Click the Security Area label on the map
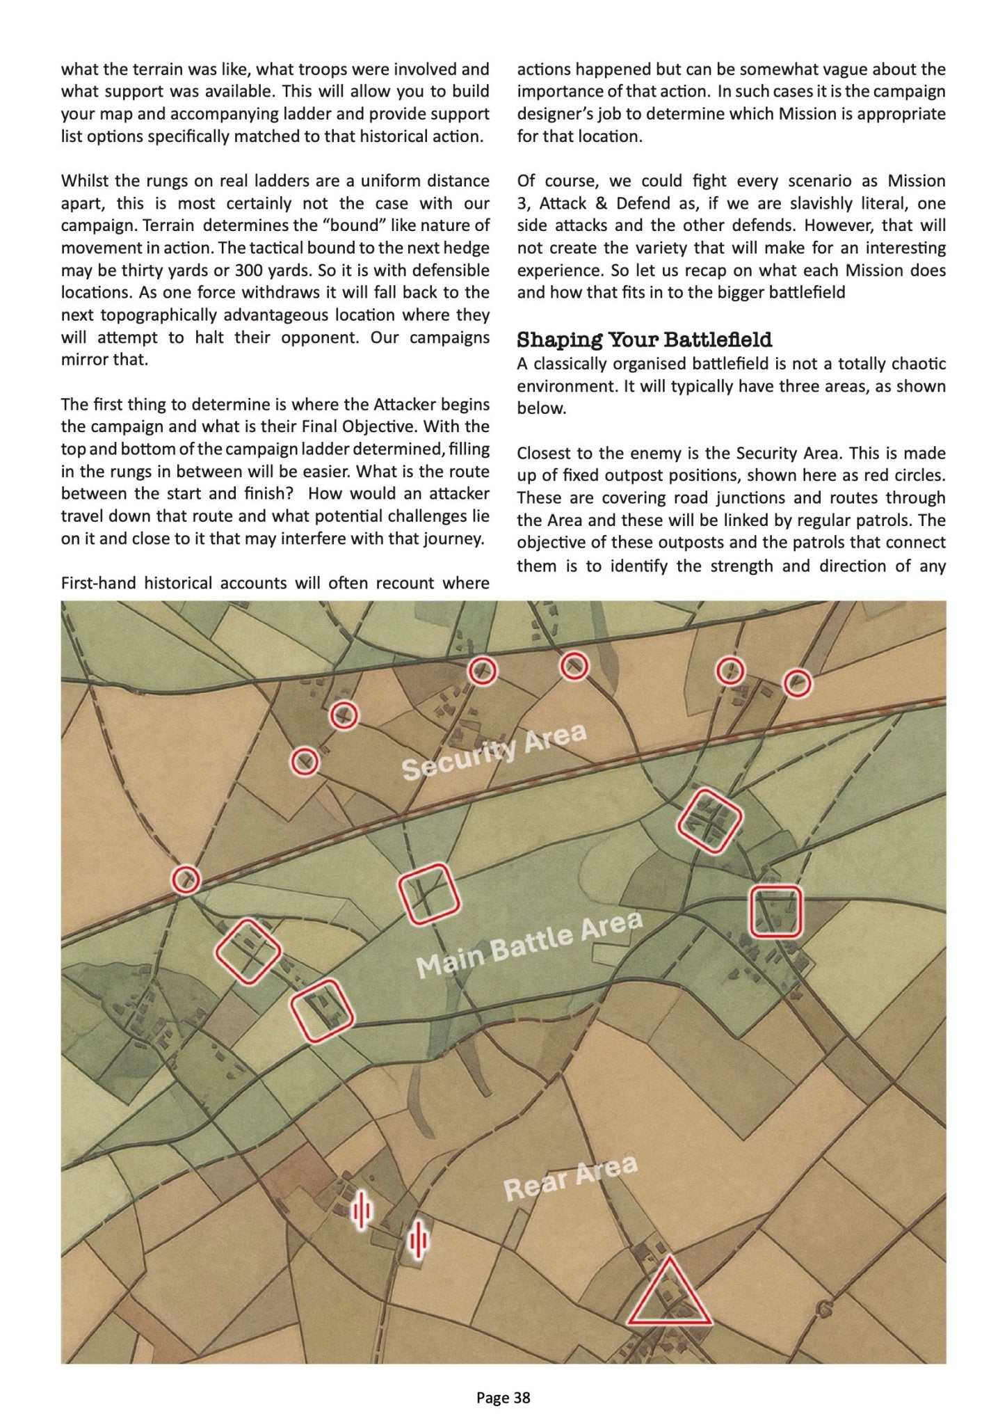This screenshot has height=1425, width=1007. (x=494, y=752)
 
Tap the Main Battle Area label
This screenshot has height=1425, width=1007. (x=529, y=944)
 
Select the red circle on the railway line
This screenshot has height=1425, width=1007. (x=186, y=879)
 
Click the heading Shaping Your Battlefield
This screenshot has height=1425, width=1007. (x=644, y=340)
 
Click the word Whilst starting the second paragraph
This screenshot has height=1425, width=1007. (x=85, y=181)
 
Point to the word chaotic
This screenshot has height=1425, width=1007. (x=919, y=364)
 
